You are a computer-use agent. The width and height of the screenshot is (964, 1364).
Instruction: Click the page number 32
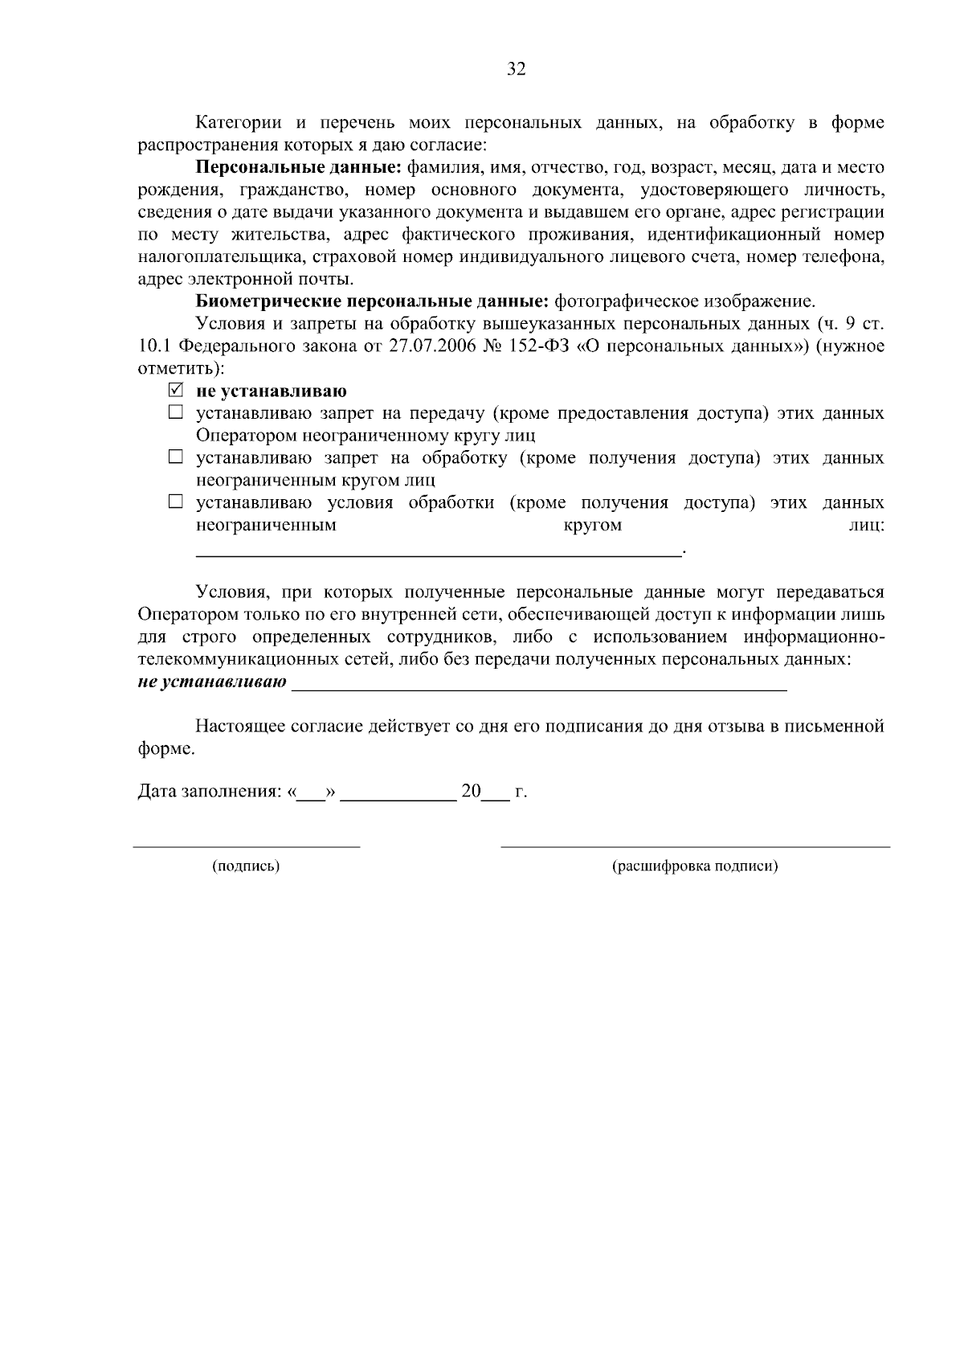516,70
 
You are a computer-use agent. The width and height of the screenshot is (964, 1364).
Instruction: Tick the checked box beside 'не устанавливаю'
176,391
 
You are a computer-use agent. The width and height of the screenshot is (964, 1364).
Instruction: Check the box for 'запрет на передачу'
176,414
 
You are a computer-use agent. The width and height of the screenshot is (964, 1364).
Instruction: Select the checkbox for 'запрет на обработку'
176,458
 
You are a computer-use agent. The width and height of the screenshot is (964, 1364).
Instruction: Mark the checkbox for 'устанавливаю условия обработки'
176,503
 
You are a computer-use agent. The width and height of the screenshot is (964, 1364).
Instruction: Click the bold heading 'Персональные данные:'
299,168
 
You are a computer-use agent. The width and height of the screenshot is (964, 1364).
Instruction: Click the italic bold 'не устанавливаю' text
212,682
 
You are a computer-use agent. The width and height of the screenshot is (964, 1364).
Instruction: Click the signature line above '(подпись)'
246,846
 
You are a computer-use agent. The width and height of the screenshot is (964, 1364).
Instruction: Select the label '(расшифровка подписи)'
695,866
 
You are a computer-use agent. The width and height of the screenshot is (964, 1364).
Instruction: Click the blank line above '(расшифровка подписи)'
695,846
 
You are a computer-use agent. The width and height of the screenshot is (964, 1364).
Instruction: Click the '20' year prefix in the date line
471,792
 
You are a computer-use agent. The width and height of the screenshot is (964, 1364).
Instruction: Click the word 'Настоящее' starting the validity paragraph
239,727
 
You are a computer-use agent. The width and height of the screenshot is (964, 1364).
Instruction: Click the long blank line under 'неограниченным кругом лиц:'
438,553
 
